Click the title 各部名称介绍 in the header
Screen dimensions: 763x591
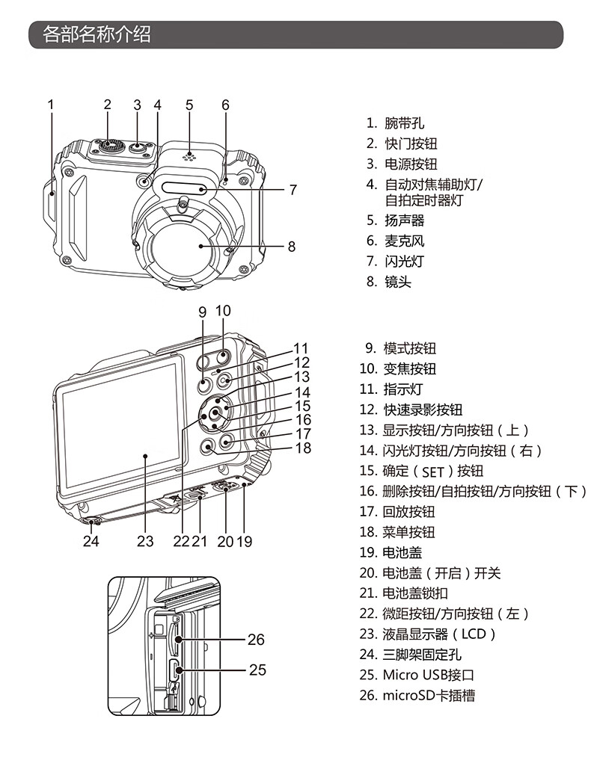point(97,34)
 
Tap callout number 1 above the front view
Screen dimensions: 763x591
point(51,105)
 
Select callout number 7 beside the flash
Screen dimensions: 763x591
point(293,190)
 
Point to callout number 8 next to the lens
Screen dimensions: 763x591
point(291,246)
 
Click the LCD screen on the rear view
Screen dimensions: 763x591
point(121,430)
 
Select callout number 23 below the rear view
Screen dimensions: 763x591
point(145,541)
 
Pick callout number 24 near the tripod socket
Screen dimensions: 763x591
point(91,541)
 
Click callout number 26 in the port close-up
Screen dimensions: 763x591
point(256,640)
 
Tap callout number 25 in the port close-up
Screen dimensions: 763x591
point(257,670)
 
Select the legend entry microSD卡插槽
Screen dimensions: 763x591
point(429,696)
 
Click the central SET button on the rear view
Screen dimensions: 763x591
point(215,413)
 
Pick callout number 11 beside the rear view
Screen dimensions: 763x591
point(301,348)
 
